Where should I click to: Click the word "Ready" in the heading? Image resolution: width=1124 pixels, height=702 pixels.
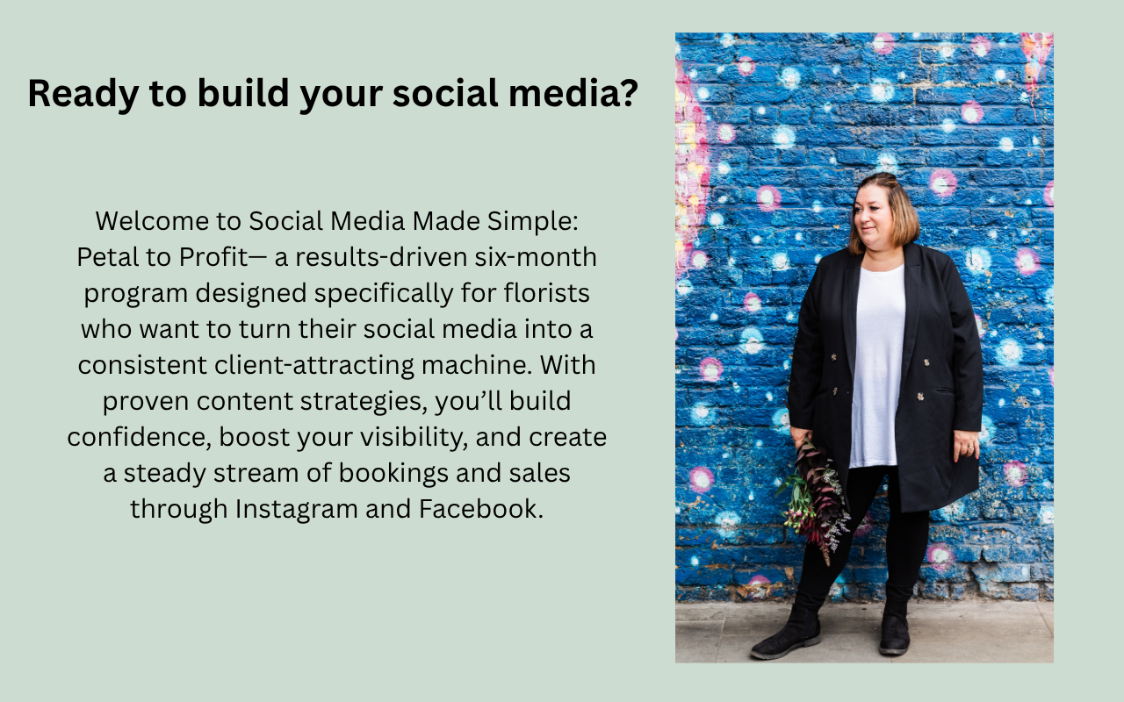tap(83, 94)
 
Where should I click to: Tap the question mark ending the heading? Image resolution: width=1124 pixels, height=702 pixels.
tap(628, 92)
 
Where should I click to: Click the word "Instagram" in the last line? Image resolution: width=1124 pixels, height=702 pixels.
tap(296, 510)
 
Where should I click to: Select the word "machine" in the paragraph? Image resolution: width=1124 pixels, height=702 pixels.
tap(476, 364)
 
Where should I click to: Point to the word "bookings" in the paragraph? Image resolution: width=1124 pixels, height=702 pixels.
tap(393, 474)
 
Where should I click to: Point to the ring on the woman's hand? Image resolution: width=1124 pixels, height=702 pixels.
tap(971, 448)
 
